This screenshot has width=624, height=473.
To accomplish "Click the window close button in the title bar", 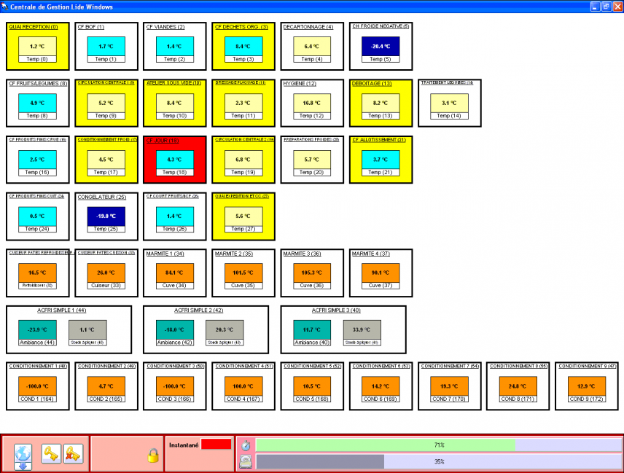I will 616,6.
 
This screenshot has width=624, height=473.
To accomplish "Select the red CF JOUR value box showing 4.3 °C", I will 169,159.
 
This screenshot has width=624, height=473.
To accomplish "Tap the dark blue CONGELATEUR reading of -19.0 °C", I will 101,216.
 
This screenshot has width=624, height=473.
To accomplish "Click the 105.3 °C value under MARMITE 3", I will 306,273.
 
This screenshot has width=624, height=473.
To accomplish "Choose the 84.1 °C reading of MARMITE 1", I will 169,273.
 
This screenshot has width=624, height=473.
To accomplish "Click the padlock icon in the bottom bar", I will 153,456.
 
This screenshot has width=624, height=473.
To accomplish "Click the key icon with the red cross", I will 73,453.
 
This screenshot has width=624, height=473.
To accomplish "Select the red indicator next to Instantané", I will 216,444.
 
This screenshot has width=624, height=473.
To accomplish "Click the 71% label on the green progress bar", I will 439,445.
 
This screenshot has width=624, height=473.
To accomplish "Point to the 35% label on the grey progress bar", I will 439,461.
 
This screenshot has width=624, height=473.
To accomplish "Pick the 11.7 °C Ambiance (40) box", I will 306,329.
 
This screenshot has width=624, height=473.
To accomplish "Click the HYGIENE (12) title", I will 300,83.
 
